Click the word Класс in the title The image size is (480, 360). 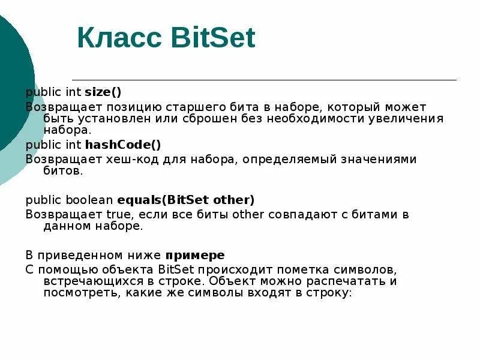[120, 38]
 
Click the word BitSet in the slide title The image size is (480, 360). [213, 38]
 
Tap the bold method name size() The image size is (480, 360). [103, 92]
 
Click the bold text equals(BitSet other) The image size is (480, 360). [186, 199]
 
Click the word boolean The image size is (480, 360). [89, 199]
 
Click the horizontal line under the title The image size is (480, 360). [264, 80]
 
